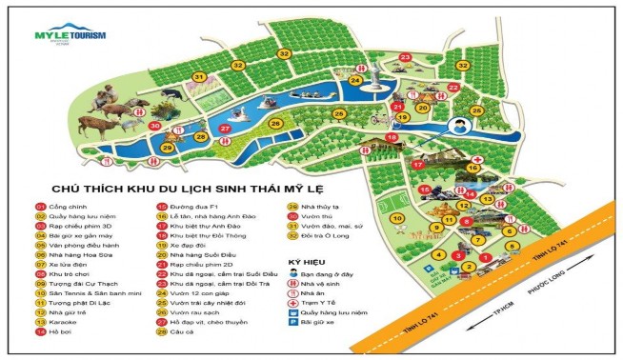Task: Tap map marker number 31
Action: [199, 77]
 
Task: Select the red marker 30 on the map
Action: [154, 125]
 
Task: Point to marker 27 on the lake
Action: [225, 128]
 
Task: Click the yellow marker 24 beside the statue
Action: [354, 80]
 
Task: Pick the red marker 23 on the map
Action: [405, 58]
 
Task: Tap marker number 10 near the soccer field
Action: [396, 218]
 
